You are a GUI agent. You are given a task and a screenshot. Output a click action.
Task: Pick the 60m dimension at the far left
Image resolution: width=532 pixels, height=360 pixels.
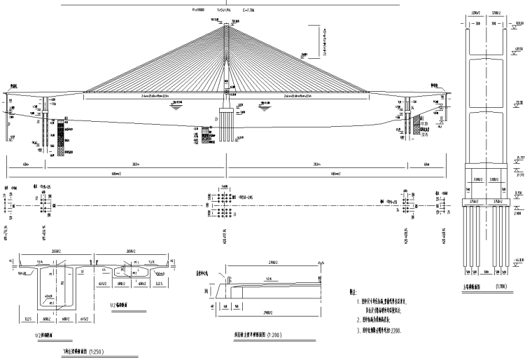25,165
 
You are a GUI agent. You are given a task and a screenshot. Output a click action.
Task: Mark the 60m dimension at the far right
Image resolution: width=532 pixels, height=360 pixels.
426,165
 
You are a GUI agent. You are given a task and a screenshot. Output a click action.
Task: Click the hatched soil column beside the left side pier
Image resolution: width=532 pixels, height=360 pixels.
61,137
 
